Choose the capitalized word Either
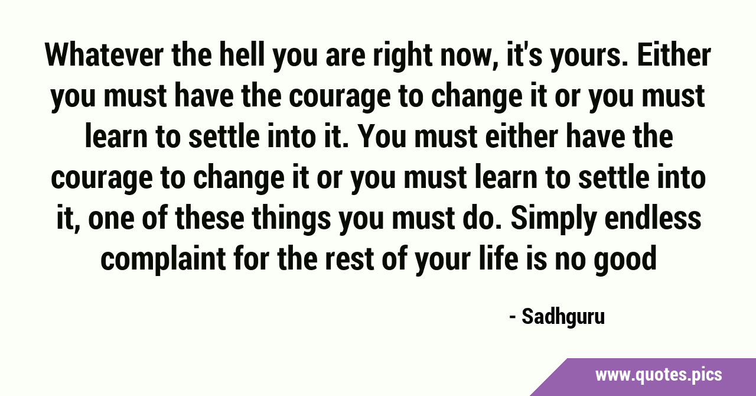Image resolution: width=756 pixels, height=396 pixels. [x=674, y=55]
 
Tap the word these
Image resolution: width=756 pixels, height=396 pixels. [x=210, y=218]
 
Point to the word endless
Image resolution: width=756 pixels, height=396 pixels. [x=653, y=218]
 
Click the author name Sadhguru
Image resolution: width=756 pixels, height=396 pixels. [x=563, y=317]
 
